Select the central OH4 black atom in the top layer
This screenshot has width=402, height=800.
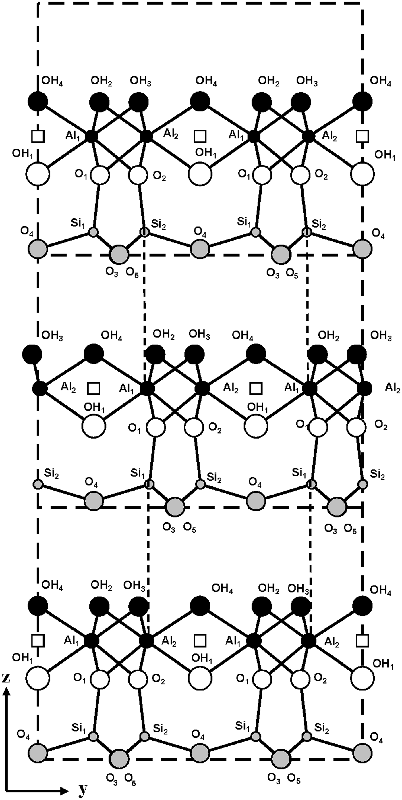[x=200, y=101]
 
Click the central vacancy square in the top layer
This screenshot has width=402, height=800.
[x=200, y=136]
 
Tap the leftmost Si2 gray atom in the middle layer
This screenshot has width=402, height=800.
[x=38, y=484]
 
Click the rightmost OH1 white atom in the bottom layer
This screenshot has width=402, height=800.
[x=362, y=678]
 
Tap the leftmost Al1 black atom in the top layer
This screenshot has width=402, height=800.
[x=91, y=136]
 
